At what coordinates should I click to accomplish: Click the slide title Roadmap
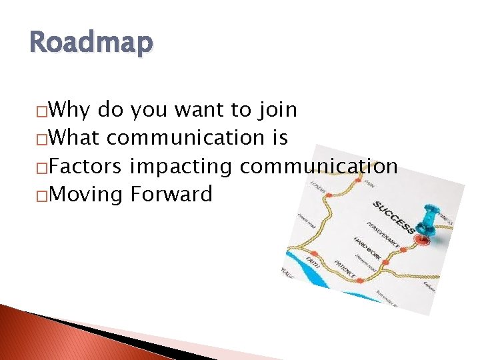click(x=91, y=43)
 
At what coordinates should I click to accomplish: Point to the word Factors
click(x=85, y=166)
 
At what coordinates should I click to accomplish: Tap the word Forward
click(x=171, y=195)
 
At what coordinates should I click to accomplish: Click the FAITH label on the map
click(x=314, y=262)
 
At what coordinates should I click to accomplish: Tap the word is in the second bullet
click(x=279, y=137)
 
